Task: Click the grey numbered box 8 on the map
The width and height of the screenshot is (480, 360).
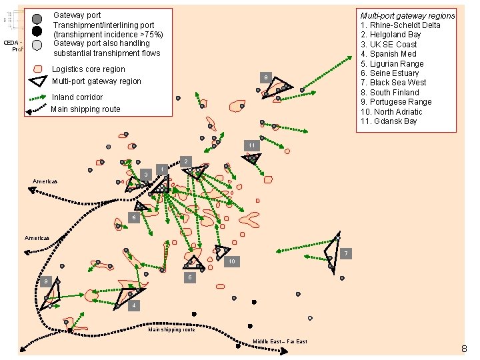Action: coord(265,78)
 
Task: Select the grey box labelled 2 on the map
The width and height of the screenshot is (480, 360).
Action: coord(187,161)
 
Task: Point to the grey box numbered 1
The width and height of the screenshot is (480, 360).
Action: coord(162,169)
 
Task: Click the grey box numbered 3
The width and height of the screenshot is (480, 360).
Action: coord(146,175)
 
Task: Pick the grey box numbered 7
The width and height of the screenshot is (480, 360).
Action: coord(345,253)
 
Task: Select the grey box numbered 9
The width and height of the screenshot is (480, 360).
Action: coord(46,282)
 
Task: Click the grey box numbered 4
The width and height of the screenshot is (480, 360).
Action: coord(135,305)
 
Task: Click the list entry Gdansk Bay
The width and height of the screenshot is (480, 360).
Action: coord(389,121)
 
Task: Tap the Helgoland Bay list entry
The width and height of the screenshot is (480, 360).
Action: coord(390,35)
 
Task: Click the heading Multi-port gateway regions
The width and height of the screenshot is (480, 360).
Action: coord(407,15)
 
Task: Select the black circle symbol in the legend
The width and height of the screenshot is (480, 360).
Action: coord(37,31)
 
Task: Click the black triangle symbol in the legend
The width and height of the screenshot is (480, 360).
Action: coord(39,81)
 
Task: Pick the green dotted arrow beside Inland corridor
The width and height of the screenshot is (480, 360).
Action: coord(39,97)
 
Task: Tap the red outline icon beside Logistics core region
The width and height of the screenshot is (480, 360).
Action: coord(39,69)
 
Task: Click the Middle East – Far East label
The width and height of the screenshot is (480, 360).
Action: coord(280,342)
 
